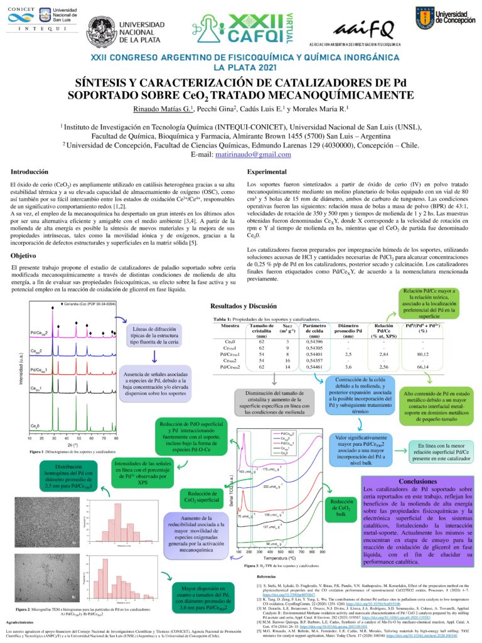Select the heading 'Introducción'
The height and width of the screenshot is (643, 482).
coord(30,171)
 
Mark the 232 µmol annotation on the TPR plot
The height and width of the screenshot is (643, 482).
coord(271,486)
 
